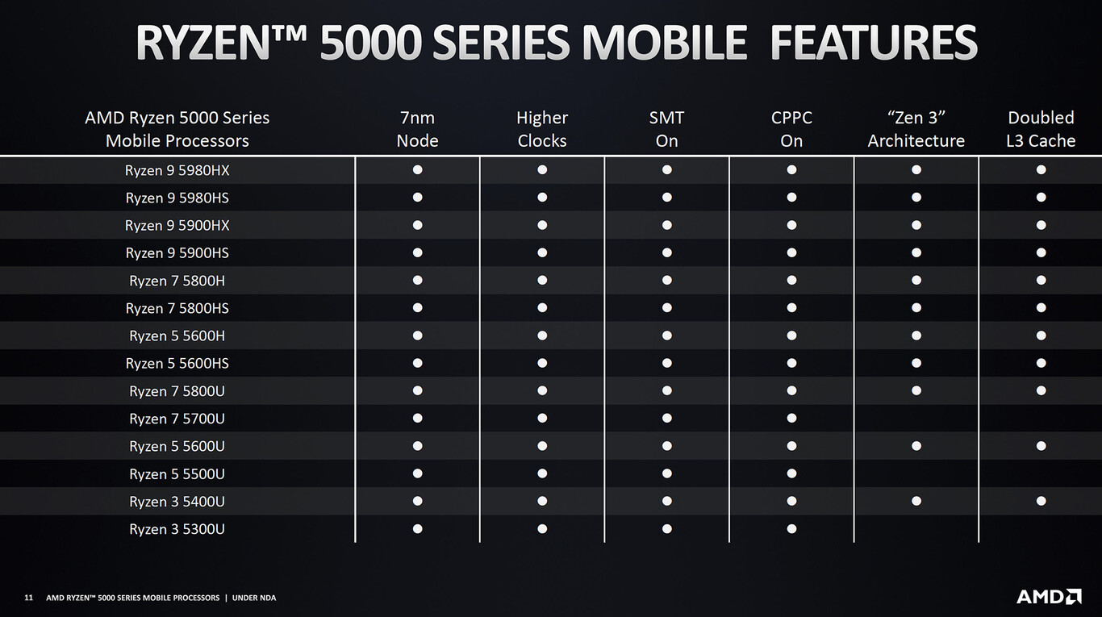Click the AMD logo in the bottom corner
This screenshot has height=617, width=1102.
coord(1049,597)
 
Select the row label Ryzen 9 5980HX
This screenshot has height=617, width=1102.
coord(177,170)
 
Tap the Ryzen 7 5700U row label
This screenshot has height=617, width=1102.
coord(177,419)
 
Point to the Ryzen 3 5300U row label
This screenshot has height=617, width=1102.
coord(177,529)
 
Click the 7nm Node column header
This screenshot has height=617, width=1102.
coord(417,129)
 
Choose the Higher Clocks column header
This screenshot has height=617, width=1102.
coord(542,129)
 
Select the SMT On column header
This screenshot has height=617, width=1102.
coord(666,129)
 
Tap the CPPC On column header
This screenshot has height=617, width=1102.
coord(791,129)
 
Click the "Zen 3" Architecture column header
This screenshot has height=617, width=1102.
coord(916,129)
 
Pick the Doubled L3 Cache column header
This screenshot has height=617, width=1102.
coord(1041,129)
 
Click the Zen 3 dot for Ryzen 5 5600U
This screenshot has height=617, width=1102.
coord(916,446)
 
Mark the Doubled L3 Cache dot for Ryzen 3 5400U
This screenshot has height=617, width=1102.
coord(1041,501)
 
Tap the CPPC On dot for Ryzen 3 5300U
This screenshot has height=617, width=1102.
coord(791,528)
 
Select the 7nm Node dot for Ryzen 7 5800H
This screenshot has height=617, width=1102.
coord(417,280)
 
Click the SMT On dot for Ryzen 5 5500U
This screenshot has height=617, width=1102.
coord(666,473)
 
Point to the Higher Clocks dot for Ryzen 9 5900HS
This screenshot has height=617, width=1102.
coord(542,252)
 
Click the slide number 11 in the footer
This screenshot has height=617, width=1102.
coord(28,598)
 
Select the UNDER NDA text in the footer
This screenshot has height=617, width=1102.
coord(254,598)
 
